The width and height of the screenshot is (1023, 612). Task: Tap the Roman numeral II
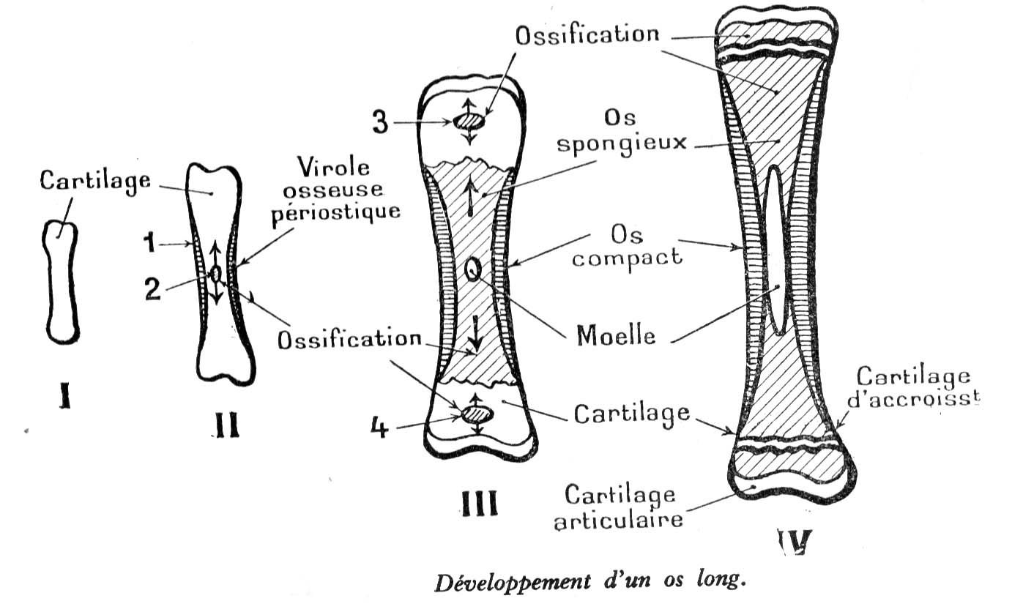coord(226,425)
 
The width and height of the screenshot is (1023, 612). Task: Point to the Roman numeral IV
coord(794,542)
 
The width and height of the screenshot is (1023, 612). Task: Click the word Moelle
coord(616,337)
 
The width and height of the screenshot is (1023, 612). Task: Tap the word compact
coord(627,258)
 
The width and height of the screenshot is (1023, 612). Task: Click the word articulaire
coord(620,521)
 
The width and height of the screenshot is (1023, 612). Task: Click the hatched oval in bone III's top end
coord(469,120)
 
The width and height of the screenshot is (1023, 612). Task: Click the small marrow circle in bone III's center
coord(472,271)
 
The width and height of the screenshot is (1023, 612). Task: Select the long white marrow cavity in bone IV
coord(778,249)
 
